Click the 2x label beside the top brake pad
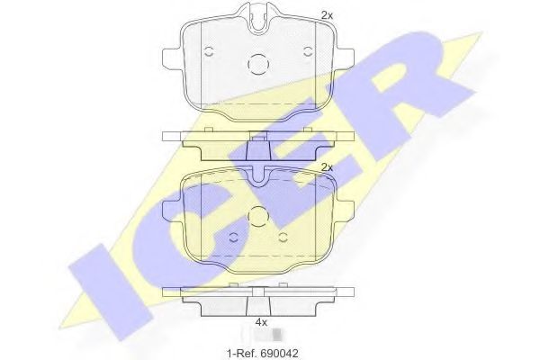click(327, 15)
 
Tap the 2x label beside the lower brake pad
click(327, 167)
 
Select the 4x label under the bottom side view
click(261, 322)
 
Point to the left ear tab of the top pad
click(171, 56)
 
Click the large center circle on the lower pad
click(257, 216)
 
